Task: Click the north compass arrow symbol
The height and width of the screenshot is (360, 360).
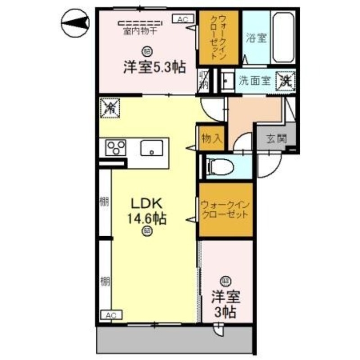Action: click(x=75, y=22)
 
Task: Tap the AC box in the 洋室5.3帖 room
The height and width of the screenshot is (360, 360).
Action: click(x=183, y=19)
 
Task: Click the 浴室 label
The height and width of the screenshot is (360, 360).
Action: click(x=256, y=39)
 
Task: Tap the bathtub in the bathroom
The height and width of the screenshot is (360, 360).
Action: click(x=283, y=39)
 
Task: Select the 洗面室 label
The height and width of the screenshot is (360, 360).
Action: click(x=254, y=81)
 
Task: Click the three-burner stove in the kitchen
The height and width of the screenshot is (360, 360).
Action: click(x=116, y=147)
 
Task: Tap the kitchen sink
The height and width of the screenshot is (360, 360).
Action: click(x=152, y=148)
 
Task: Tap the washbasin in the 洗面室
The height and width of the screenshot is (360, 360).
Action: click(x=227, y=81)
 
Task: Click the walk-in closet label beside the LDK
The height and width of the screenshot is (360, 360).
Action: click(x=225, y=209)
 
